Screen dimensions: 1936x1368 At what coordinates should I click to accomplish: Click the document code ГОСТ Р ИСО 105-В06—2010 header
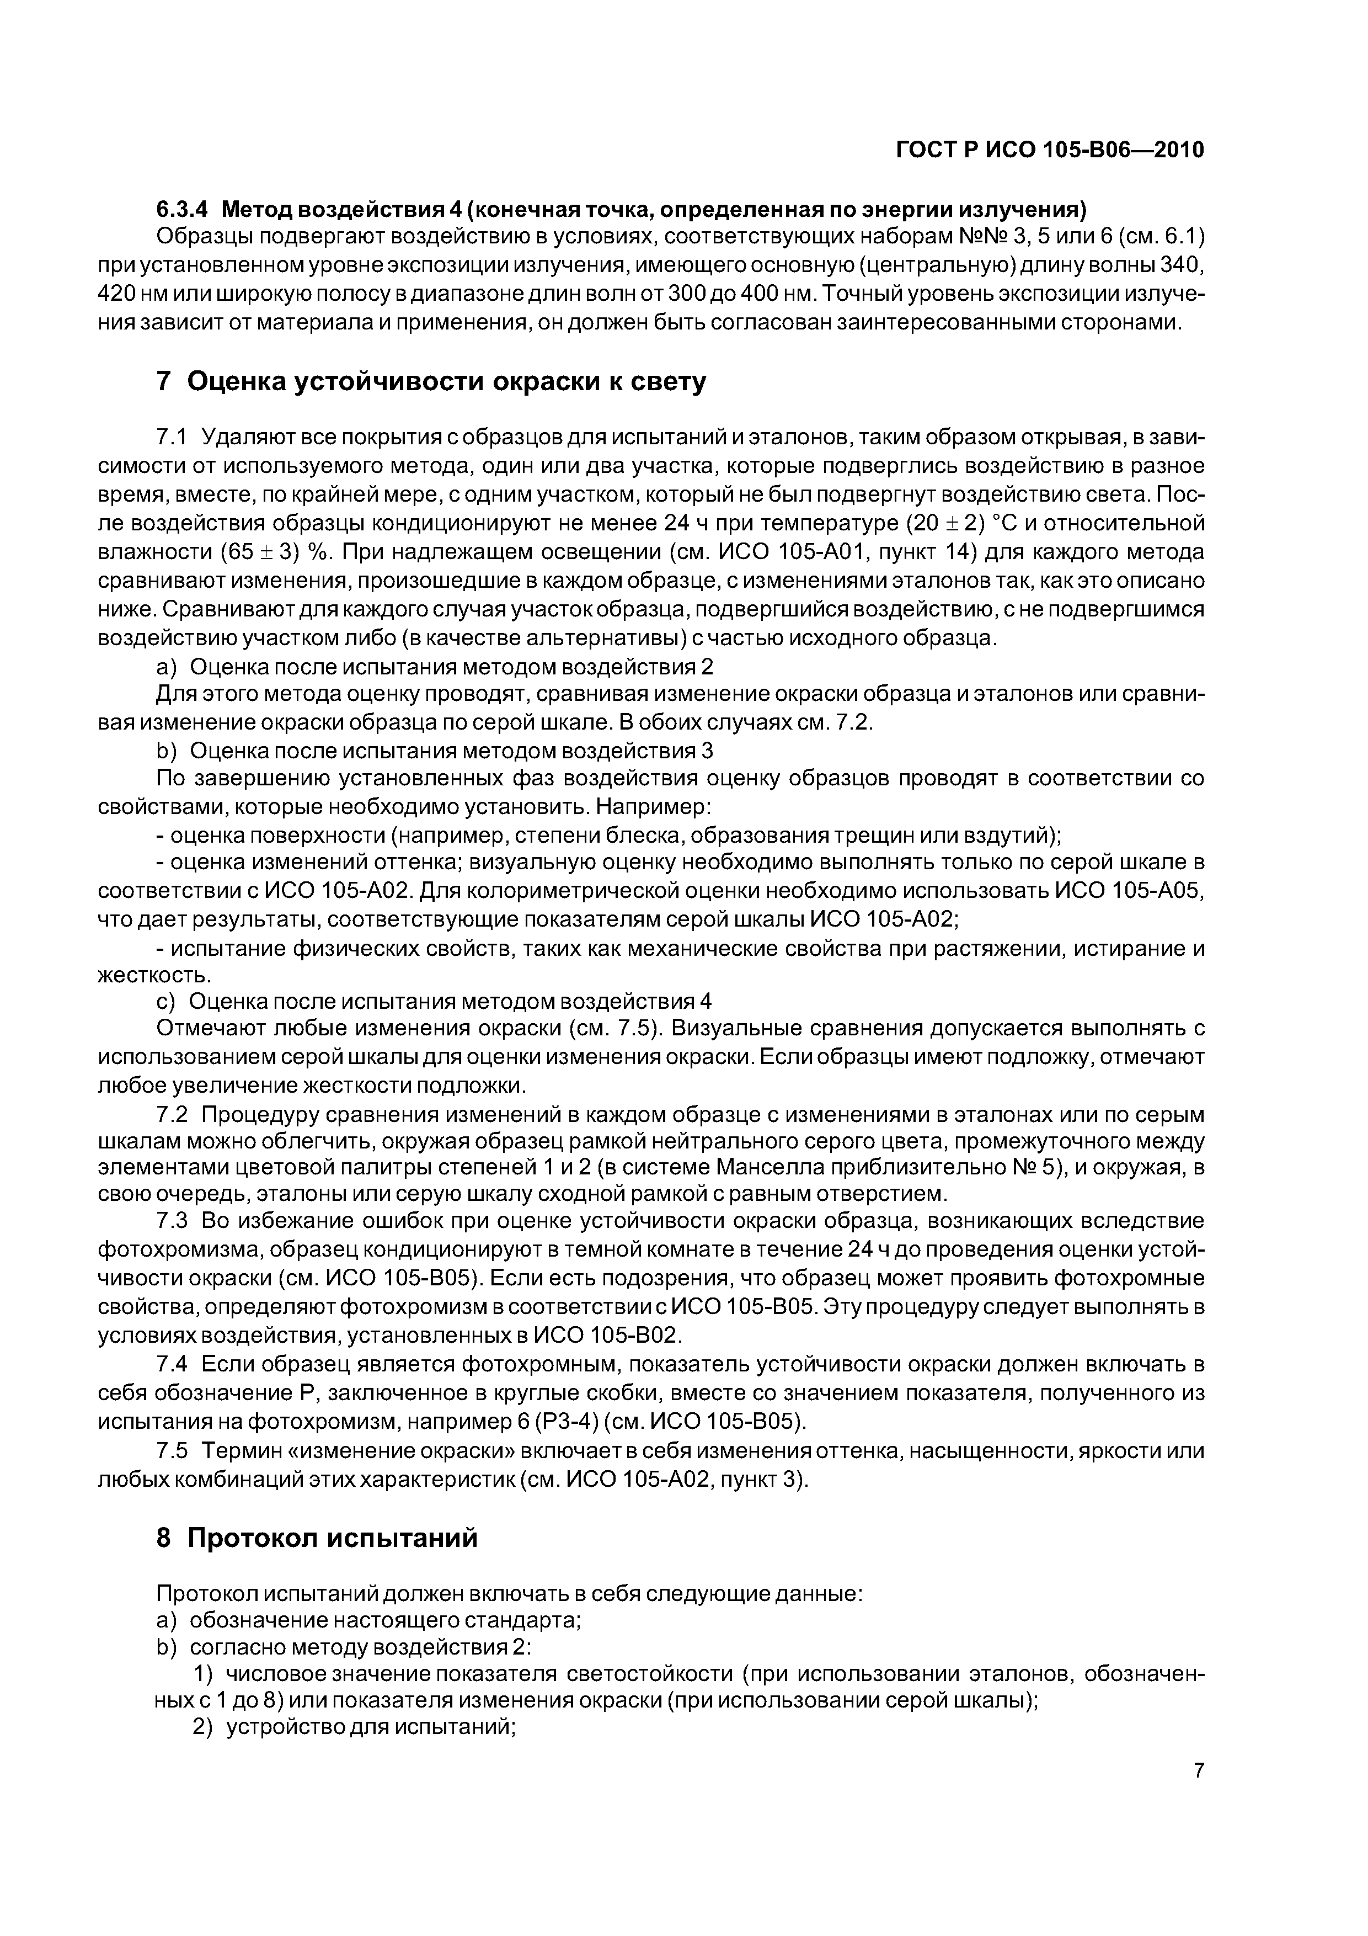(x=1049, y=150)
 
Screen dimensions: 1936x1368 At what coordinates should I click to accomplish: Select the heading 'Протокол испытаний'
(x=332, y=1538)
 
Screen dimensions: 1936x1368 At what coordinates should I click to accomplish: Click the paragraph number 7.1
(x=170, y=438)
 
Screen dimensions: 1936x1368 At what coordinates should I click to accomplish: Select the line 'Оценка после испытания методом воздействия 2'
(x=451, y=667)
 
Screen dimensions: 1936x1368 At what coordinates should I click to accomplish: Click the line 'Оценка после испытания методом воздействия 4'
(x=450, y=1001)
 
